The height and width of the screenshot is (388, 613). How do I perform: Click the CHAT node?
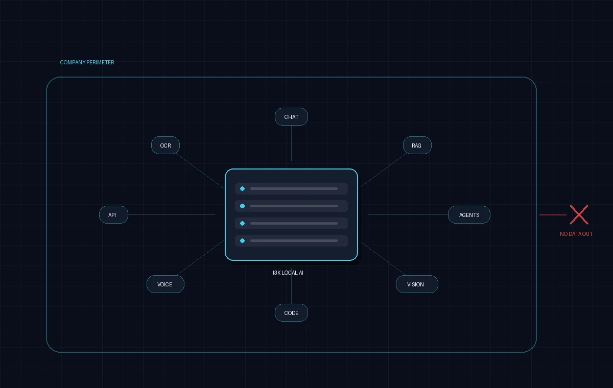tap(291, 117)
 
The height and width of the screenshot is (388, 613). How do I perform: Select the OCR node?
tap(166, 145)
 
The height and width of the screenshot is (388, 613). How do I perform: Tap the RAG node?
tap(417, 145)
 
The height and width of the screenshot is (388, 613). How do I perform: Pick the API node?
tap(113, 214)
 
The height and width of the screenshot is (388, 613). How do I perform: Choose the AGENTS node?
tap(469, 214)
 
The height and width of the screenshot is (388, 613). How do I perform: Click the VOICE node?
tap(166, 284)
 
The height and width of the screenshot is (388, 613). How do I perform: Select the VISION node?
tap(417, 284)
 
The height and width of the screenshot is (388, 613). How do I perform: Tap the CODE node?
tap(291, 312)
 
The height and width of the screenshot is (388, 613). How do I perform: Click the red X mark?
tap(579, 214)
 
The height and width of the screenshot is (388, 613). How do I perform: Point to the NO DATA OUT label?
tap(576, 234)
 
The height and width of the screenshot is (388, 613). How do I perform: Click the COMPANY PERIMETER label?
tap(87, 62)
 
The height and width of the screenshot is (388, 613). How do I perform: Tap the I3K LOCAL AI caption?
tap(288, 273)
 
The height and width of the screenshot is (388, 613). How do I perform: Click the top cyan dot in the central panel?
tap(242, 188)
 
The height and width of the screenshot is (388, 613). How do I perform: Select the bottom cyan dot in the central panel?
tap(242, 240)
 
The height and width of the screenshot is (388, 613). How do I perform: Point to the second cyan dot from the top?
tap(242, 206)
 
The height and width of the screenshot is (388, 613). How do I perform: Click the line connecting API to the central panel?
tap(172, 214)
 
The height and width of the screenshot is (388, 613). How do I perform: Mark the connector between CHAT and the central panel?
tap(292, 143)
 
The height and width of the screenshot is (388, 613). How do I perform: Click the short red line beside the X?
tap(553, 215)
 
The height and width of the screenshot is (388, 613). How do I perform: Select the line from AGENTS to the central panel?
tap(408, 214)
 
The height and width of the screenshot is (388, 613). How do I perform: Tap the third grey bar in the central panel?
tap(294, 224)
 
